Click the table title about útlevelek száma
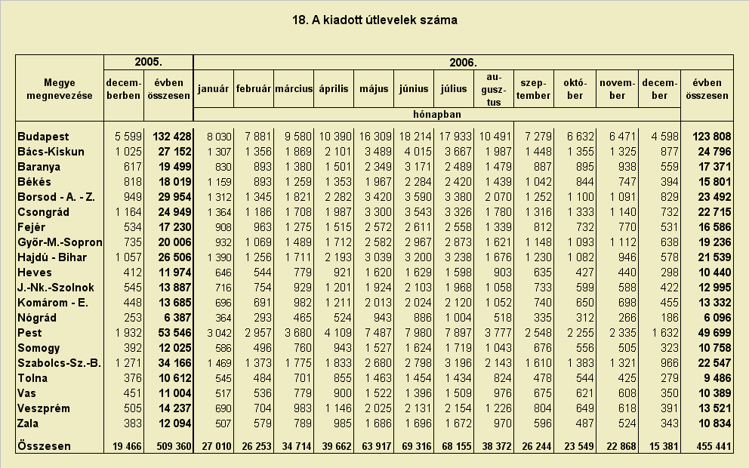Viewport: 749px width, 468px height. [x=374, y=20]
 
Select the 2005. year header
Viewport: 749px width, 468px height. [x=149, y=62]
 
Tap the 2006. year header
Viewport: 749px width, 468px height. [x=463, y=63]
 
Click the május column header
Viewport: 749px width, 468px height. [x=374, y=89]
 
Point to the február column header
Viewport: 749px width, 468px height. [x=254, y=89]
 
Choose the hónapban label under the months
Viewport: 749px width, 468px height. [x=436, y=115]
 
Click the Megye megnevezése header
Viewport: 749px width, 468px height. [x=60, y=89]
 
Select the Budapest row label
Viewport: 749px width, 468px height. [x=43, y=137]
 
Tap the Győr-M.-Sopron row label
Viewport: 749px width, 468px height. [x=60, y=242]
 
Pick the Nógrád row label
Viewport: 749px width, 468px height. [x=37, y=318]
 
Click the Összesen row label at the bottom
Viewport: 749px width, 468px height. [x=44, y=446]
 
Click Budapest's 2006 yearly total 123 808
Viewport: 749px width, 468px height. [x=712, y=137]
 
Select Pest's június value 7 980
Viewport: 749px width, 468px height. [x=415, y=333]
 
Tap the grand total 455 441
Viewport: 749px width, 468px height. [x=714, y=447]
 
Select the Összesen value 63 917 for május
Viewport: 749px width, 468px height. [x=375, y=447]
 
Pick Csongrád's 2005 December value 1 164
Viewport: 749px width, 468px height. [x=128, y=212]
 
